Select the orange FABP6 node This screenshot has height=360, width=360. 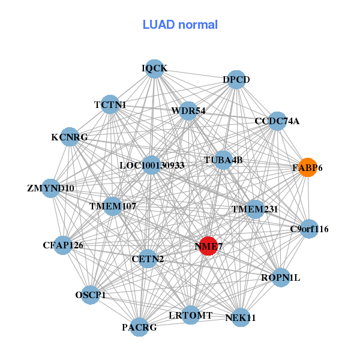pos(307,167)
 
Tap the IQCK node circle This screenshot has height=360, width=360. pos(155,68)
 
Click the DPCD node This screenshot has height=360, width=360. pos(236,80)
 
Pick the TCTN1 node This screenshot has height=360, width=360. pos(110,104)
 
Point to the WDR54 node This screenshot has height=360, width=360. pos(188,110)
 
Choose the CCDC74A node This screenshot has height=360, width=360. pos(277,121)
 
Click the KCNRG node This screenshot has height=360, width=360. pos(70,137)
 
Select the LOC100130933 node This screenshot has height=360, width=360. pos(151,165)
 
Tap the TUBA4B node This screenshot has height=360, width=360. pos(223,160)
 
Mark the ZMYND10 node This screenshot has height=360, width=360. pos(50,188)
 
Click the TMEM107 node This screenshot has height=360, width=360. pos(113,206)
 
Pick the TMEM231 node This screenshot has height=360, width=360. pos(255,209)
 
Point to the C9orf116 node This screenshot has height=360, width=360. pos(309,229)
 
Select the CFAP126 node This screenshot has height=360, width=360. pos(63,245)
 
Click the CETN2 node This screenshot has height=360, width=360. pos(147,259)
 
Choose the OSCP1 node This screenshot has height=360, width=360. pos(91,295)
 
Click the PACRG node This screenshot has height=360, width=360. pos(139,327)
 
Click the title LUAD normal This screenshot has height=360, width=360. pos(180,25)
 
